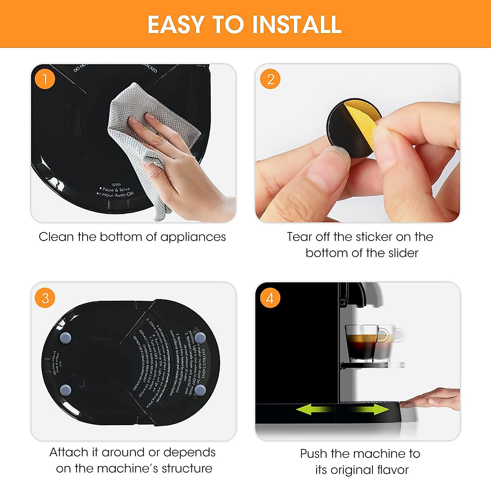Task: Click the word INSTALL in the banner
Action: (297, 25)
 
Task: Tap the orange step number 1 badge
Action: (45, 79)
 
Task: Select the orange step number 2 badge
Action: (270, 79)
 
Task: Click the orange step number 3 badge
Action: (45, 297)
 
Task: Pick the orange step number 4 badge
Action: (270, 297)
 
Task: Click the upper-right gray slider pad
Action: (200, 338)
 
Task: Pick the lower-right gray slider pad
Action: (200, 390)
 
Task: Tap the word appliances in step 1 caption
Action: (193, 237)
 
